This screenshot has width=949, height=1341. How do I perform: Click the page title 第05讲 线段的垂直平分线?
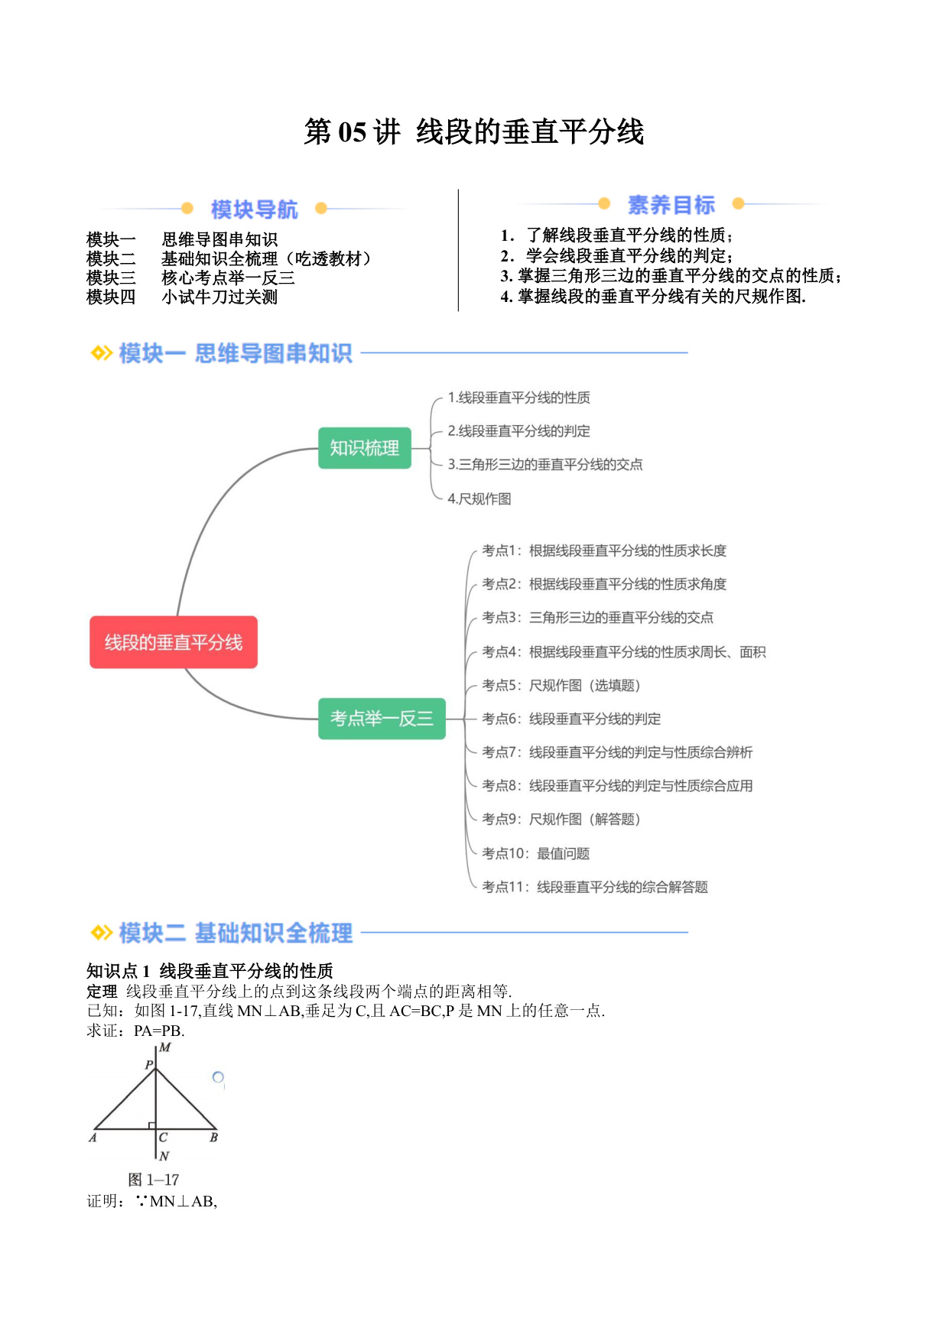pyautogui.click(x=474, y=132)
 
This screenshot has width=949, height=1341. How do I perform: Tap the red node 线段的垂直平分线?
pyautogui.click(x=174, y=642)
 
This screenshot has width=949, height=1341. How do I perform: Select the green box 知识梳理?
pyautogui.click(x=365, y=448)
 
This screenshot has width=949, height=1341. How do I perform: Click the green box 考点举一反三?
pyautogui.click(x=382, y=718)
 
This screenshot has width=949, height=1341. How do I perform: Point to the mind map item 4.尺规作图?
pyautogui.click(x=479, y=498)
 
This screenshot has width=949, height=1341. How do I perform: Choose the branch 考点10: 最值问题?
pyautogui.click(x=535, y=853)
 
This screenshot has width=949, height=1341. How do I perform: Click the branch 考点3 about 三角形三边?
pyautogui.click(x=597, y=617)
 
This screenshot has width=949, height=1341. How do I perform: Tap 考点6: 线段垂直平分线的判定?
pyautogui.click(x=571, y=719)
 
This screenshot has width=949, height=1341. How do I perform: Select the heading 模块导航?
pyautogui.click(x=254, y=209)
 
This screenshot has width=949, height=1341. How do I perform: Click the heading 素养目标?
pyautogui.click(x=671, y=205)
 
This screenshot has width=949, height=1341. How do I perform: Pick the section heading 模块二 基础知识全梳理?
pyautogui.click(x=236, y=933)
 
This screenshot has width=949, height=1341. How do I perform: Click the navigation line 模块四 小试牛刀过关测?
pyautogui.click(x=182, y=297)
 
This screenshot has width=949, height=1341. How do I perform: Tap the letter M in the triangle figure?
pyautogui.click(x=165, y=1047)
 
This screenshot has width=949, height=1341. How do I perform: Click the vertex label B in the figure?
pyautogui.click(x=214, y=1138)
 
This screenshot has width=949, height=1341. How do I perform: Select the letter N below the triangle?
pyautogui.click(x=164, y=1156)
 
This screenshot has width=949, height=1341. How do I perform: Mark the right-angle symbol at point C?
pyautogui.click(x=152, y=1125)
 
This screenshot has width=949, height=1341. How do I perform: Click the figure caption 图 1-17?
pyautogui.click(x=154, y=1180)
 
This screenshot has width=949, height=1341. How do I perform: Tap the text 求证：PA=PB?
pyautogui.click(x=135, y=1031)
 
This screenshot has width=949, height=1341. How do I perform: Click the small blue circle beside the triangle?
pyautogui.click(x=218, y=1077)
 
